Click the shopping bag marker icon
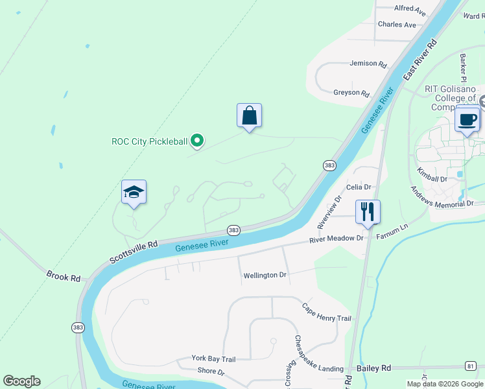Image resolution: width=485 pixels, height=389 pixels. [x=249, y=116]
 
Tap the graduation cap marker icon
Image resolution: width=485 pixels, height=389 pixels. [x=134, y=193]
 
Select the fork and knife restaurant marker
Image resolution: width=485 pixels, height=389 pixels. [x=368, y=211]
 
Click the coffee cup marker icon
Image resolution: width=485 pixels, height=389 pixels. [x=467, y=119]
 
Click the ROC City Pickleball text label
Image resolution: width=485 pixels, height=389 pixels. [x=150, y=141]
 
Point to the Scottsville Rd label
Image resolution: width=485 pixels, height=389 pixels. [x=134, y=252]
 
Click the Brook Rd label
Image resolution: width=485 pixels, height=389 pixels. [x=64, y=276]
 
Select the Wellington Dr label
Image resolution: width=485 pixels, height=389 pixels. [x=265, y=276]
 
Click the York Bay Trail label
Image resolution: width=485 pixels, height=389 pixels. [x=213, y=359]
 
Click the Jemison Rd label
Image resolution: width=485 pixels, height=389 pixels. [x=368, y=65]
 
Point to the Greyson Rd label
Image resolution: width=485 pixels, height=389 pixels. [x=351, y=93]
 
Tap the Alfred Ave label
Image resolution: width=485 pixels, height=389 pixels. [x=410, y=11]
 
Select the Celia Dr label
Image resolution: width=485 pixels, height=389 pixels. [x=359, y=187]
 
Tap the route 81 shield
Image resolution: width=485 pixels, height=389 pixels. [x=470, y=366]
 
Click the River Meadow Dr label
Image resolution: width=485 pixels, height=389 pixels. [x=337, y=239]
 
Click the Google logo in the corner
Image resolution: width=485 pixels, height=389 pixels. [x=21, y=381]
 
